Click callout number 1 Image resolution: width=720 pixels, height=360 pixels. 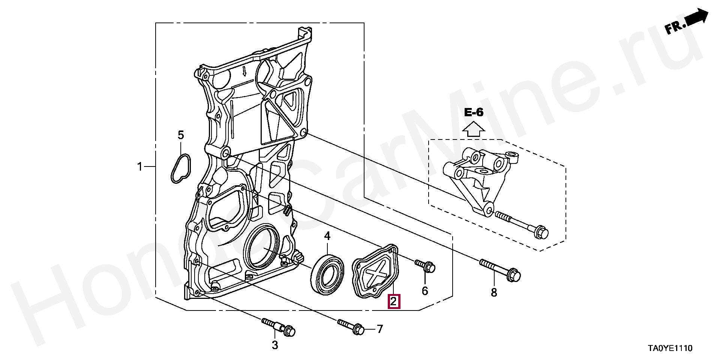pyautogui.click(x=140, y=166)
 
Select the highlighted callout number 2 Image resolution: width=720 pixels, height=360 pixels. pyautogui.click(x=394, y=301)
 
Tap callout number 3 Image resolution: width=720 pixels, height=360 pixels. pyautogui.click(x=275, y=345)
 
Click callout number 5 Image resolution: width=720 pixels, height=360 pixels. pyautogui.click(x=181, y=135)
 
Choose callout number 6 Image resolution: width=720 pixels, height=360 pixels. pyautogui.click(x=425, y=291)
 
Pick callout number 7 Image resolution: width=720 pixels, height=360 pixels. pyautogui.click(x=380, y=329)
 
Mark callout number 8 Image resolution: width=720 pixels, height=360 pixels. pyautogui.click(x=494, y=292)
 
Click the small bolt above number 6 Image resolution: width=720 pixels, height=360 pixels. pyautogui.click(x=425, y=266)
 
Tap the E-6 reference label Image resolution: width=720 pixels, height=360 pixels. pyautogui.click(x=474, y=112)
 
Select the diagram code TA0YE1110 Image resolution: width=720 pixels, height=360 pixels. pyautogui.click(x=670, y=348)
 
